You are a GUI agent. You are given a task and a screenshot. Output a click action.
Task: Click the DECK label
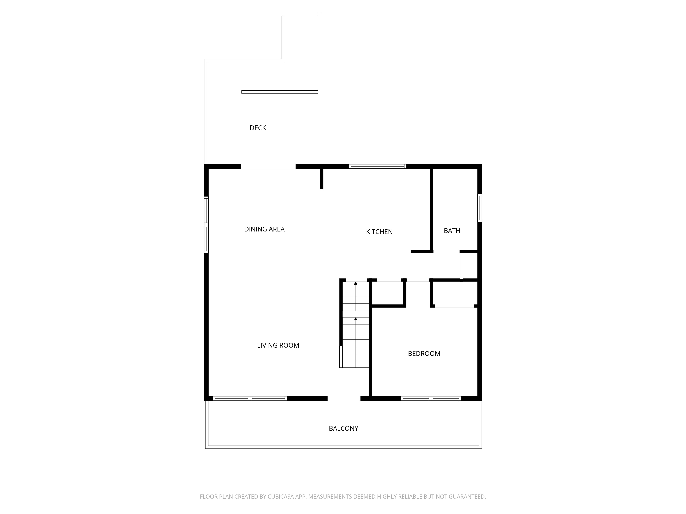coord(258,128)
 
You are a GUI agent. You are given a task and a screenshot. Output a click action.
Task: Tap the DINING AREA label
coord(264,229)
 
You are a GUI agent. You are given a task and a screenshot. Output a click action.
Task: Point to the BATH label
coord(452,231)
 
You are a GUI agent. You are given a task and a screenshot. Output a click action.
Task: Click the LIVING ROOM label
coord(278,345)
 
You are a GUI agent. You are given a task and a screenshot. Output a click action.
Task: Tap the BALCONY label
coord(343,429)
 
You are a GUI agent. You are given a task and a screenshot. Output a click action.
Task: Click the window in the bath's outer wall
coord(480,208)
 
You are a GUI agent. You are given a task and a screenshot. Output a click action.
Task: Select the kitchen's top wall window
coord(377,166)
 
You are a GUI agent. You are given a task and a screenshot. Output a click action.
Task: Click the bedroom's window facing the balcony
coord(431,398)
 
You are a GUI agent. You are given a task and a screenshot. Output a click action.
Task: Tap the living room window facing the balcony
coord(250,398)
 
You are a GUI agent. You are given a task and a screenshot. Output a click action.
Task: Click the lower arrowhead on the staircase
coord(356,319)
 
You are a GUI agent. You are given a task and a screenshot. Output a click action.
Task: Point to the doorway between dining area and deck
coord(268,166)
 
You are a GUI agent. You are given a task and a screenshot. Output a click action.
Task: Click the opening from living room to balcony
coord(344,398)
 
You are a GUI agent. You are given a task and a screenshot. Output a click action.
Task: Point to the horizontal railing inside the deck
coord(280,92)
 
